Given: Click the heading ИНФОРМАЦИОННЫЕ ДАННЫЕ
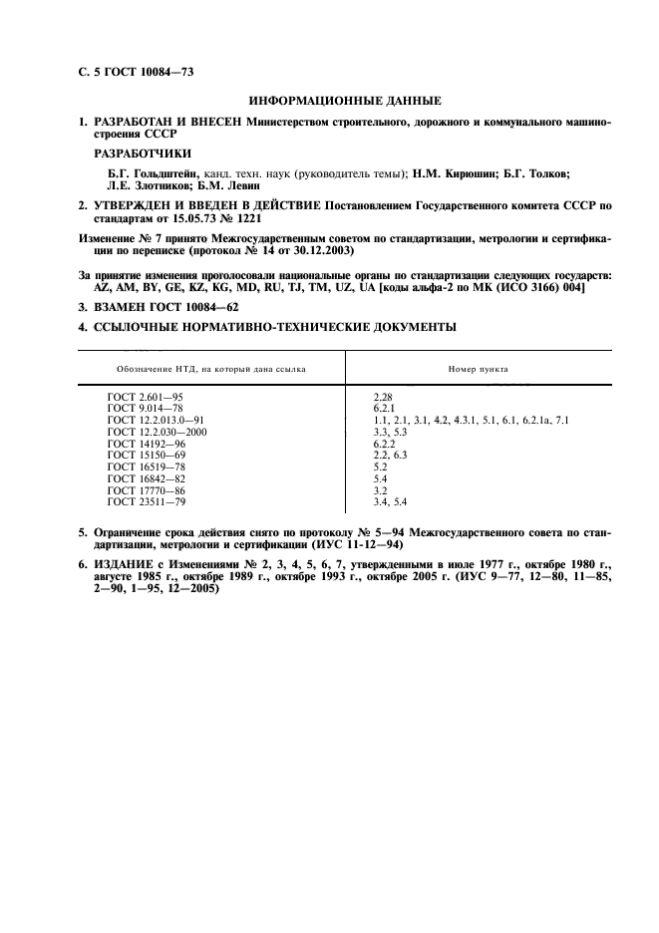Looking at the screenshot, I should [345, 101].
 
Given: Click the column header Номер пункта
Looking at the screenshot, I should [479, 369].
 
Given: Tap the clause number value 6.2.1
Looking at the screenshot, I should [385, 409].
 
